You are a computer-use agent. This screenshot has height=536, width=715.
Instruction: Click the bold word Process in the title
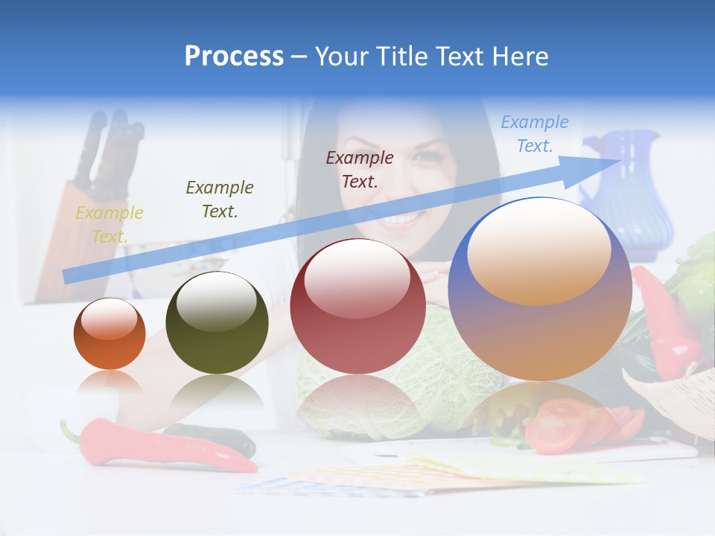pos(234,56)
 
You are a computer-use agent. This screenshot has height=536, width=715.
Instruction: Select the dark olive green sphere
pos(217,322)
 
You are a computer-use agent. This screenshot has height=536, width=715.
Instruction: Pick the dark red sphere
pos(357,306)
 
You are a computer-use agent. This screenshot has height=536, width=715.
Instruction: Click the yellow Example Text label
pos(109,224)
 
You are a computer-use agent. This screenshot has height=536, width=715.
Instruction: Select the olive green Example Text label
pos(220,199)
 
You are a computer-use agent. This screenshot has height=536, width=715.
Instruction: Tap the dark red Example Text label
pos(360,169)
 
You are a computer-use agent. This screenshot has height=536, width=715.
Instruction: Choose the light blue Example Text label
pos(534,133)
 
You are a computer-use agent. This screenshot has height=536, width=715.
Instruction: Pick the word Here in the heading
pos(522,56)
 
